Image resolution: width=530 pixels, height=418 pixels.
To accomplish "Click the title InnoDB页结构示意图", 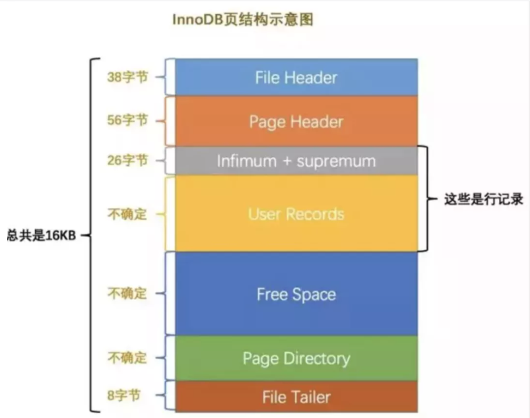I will [242, 20].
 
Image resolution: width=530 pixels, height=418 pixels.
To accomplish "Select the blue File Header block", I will [296, 77].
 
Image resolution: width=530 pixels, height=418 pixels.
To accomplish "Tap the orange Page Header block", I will [296, 121].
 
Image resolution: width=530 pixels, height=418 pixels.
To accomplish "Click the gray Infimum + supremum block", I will [296, 161].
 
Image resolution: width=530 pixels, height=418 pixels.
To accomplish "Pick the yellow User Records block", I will [296, 214].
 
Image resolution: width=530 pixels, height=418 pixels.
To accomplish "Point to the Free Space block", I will [296, 294].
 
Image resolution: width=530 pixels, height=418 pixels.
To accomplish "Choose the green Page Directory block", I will [296, 359].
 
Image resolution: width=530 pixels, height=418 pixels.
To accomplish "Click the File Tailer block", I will [296, 397].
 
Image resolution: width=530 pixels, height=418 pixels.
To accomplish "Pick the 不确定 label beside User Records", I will [128, 215].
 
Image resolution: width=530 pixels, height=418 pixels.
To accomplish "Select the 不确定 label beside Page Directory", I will [128, 358].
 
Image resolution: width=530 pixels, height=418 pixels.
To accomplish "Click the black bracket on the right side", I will [427, 199].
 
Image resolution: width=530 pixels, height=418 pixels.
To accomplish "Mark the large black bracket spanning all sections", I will [92, 235].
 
